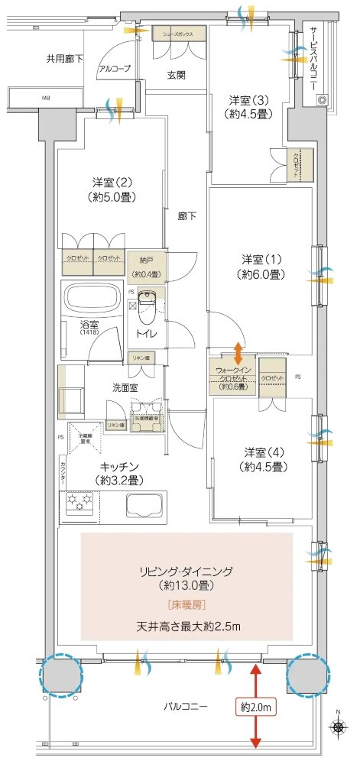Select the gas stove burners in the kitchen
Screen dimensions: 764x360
(x=79, y=503)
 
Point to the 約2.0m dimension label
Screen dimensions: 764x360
(x=255, y=707)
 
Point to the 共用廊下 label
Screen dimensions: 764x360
(x=65, y=58)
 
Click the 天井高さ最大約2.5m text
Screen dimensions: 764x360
(x=188, y=627)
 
